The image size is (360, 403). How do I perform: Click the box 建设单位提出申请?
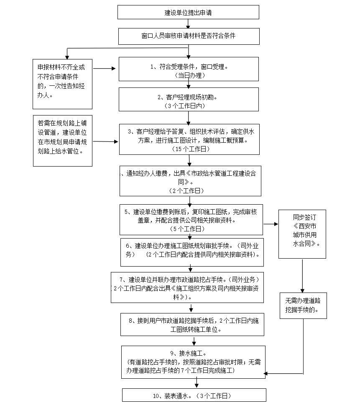pyautogui.click(x=188, y=12)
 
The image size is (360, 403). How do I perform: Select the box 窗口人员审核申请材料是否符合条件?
pyautogui.click(x=188, y=36)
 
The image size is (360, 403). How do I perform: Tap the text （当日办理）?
pyautogui.click(x=189, y=76)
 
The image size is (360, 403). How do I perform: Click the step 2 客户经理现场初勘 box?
pyautogui.click(x=188, y=100)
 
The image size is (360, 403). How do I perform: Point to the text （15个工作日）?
pyautogui.click(x=189, y=149)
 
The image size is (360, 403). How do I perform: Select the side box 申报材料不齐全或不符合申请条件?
pyautogui.click(x=63, y=84)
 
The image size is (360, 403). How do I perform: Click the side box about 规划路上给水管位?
pyautogui.click(x=63, y=140)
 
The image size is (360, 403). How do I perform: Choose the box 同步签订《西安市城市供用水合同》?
pyautogui.click(x=302, y=234)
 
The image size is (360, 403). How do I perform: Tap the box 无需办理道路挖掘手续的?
pyautogui.click(x=303, y=305)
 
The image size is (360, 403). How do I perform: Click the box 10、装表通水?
pyautogui.click(x=194, y=395)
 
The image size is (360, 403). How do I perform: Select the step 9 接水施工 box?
pyautogui.click(x=194, y=362)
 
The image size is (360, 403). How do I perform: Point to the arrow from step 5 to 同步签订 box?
pyautogui.click(x=271, y=224)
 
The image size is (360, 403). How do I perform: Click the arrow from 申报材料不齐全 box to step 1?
pyautogui.click(x=105, y=68)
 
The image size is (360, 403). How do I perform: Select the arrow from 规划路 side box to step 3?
pyautogui.click(x=106, y=141)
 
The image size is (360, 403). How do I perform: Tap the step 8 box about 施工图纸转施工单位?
pyautogui.click(x=193, y=324)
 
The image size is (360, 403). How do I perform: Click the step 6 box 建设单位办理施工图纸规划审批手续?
pyautogui.click(x=192, y=252)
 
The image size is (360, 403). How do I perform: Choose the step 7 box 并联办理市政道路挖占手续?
pyautogui.click(x=187, y=287)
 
